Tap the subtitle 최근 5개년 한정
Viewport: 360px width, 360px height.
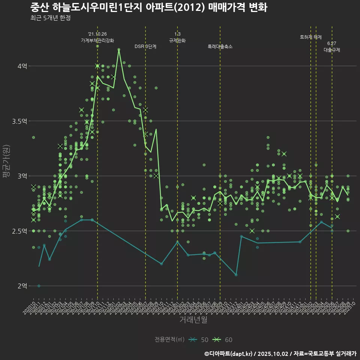click(50, 18)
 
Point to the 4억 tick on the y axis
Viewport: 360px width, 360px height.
click(22, 66)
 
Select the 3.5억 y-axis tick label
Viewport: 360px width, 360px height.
click(19, 121)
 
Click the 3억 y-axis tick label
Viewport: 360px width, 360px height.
click(22, 176)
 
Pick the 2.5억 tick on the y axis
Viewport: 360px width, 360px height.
click(19, 231)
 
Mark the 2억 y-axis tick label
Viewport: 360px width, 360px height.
click(22, 286)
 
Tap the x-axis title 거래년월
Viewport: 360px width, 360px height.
click(193, 319)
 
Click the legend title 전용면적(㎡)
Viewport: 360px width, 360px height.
click(170, 340)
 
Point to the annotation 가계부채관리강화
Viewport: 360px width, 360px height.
click(97, 40)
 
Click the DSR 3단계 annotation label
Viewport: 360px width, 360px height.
click(145, 46)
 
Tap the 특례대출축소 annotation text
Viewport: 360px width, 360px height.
click(220, 46)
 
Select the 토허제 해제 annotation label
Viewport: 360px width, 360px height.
click(311, 37)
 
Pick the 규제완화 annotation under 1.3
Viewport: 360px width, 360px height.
click(177, 40)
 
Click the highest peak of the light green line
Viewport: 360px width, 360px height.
click(119, 49)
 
